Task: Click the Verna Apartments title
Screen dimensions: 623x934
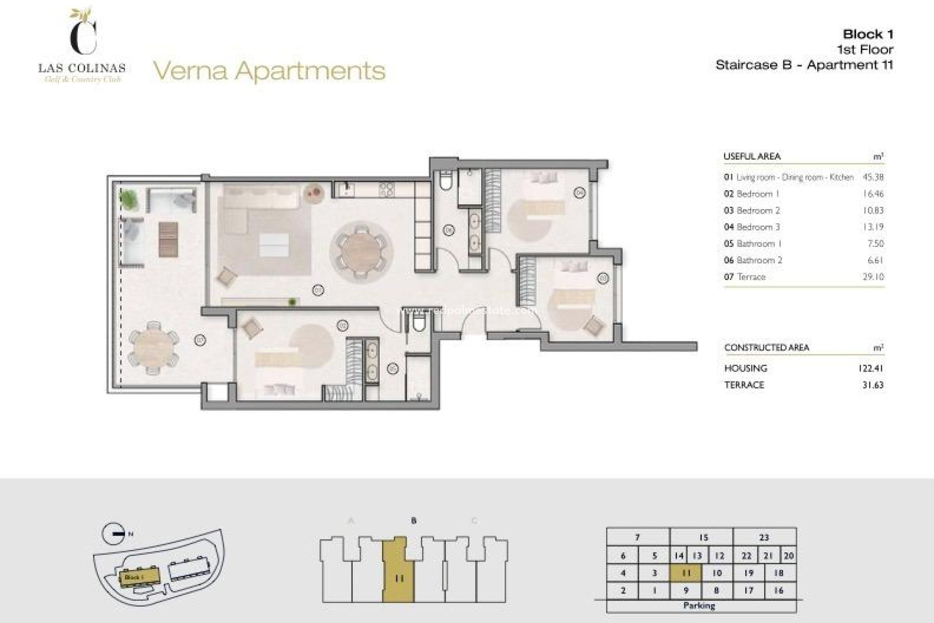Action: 269,71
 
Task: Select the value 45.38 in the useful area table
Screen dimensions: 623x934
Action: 873,177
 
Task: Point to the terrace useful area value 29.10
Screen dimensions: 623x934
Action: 873,276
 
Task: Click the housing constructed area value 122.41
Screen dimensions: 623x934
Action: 871,368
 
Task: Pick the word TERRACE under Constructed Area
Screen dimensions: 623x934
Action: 744,385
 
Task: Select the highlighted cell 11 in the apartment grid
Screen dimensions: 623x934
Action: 686,573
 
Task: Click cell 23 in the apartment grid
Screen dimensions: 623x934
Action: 764,537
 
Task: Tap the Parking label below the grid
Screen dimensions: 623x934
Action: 699,606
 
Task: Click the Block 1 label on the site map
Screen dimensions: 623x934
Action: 134,577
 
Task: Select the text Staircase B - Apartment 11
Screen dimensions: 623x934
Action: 804,65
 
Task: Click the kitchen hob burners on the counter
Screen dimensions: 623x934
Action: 386,189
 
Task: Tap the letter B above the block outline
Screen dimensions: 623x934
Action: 413,521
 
